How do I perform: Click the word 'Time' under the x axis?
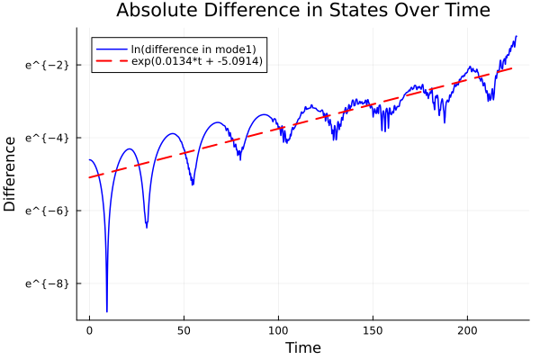pos(302,347)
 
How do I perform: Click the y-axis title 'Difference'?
pos(10,174)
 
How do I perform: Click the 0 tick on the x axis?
pos(89,330)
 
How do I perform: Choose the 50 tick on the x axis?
pos(184,330)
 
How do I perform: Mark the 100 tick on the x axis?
pos(278,330)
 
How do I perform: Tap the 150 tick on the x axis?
pos(373,330)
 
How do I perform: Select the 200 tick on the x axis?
pos(468,330)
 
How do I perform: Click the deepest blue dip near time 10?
pos(107,311)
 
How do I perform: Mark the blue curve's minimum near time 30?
pos(147,228)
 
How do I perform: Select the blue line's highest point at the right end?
pos(517,36)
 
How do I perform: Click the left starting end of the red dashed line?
pos(90,177)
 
